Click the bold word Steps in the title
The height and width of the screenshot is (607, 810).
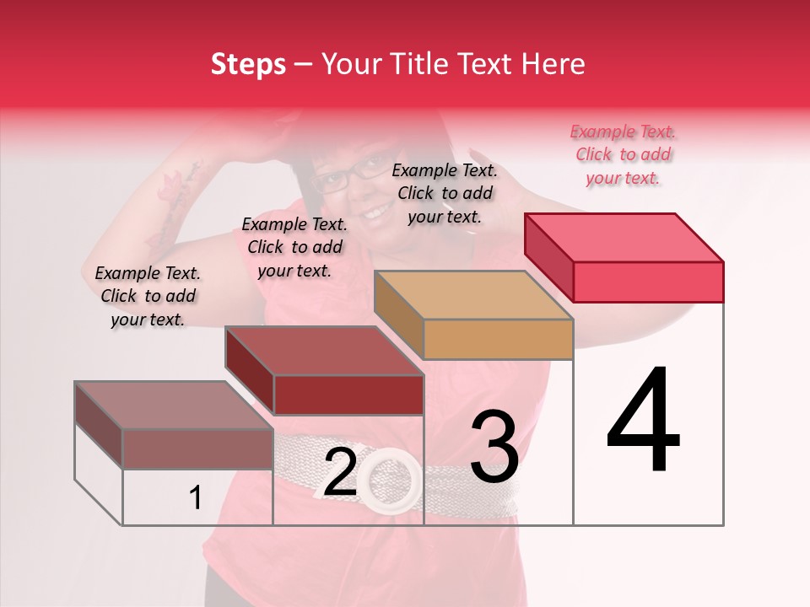point(248,64)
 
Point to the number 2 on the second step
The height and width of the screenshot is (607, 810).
point(340,473)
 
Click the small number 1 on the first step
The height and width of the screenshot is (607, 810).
point(195,498)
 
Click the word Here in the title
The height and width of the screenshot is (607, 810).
point(553,64)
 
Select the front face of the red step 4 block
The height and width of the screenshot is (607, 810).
point(648,282)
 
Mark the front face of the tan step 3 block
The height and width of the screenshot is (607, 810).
point(498,340)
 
